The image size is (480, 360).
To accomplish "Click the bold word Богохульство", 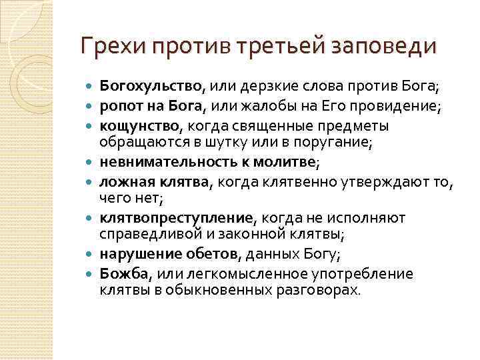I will click(151, 85).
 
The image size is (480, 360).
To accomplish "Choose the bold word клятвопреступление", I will click(177, 218).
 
